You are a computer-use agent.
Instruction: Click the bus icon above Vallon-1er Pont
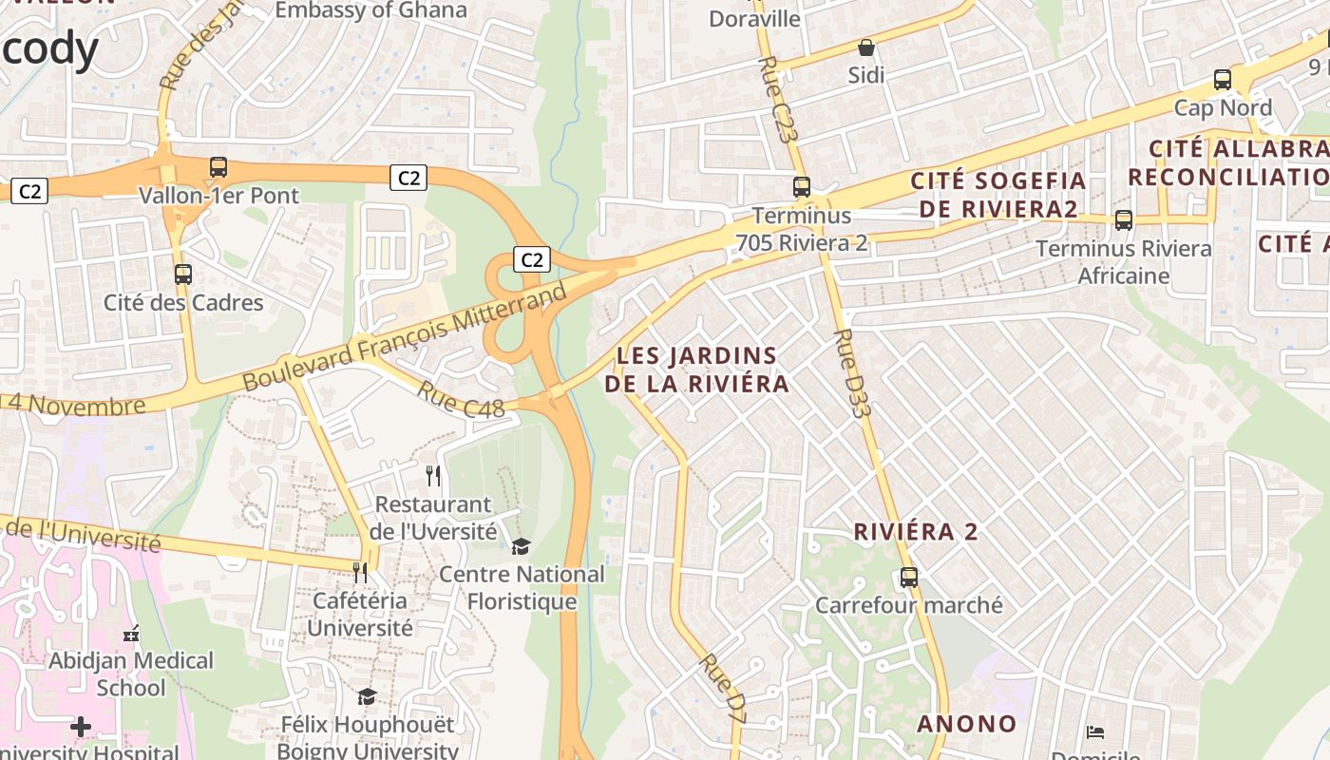pos(218,167)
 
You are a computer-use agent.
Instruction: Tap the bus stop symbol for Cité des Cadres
pos(183,275)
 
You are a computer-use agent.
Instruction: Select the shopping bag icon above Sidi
pos(865,47)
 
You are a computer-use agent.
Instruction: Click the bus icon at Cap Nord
pos(1223,80)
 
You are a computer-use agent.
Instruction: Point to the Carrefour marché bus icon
pos(909,577)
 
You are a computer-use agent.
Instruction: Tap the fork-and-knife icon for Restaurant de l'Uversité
pos(433,476)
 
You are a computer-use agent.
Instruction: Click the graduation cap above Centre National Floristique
pos(521,546)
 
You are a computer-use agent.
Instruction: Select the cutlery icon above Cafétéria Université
pos(360,572)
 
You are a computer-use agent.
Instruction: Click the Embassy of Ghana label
pos(370,10)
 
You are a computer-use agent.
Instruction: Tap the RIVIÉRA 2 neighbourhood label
pos(915,532)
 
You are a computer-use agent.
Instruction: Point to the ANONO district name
pos(966,724)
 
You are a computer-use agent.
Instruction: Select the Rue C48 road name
pos(461,399)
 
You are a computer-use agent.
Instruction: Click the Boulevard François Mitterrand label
pos(404,337)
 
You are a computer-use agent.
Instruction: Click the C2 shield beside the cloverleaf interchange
pos(532,258)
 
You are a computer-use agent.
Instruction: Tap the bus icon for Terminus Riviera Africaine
pos(1124,220)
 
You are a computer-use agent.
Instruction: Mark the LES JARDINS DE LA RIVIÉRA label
pos(696,370)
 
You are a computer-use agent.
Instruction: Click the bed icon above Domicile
pos(1094,732)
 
